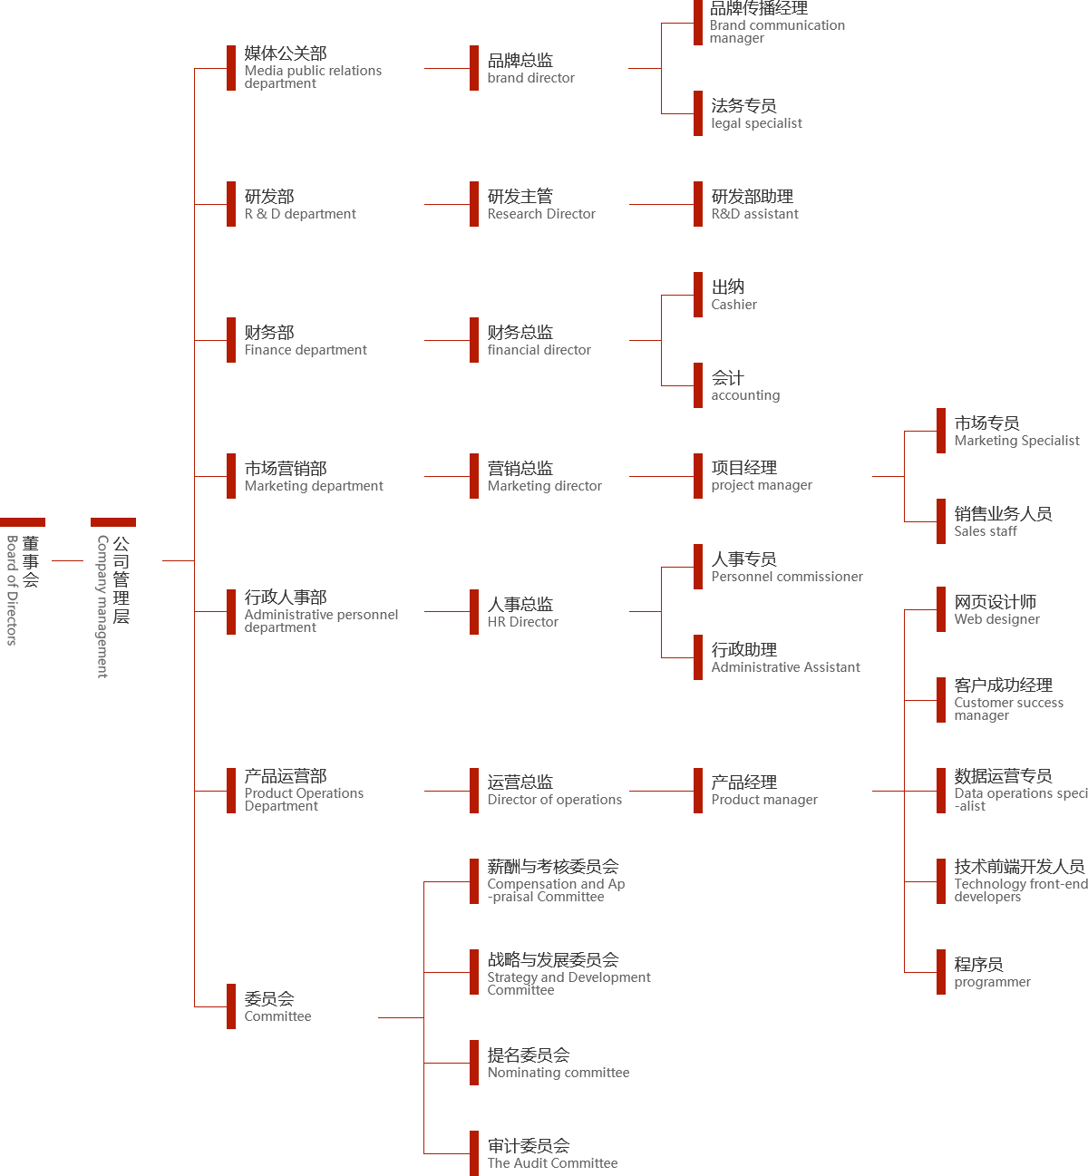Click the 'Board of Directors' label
(13, 590)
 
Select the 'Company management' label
(102, 606)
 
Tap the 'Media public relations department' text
(313, 77)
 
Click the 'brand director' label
(530, 78)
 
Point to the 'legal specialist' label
(756, 123)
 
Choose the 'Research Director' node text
(541, 214)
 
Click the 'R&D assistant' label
(755, 214)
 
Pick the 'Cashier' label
(734, 305)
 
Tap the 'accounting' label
(745, 395)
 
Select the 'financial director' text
(539, 350)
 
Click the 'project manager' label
(762, 485)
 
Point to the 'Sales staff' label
(986, 531)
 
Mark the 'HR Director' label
(523, 622)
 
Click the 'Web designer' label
(996, 619)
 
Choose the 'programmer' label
(992, 982)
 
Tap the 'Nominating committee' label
(559, 1073)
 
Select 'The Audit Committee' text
(552, 1163)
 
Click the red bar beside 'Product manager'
(698, 790)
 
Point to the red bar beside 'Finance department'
(231, 339)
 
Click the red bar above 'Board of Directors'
(23, 521)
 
